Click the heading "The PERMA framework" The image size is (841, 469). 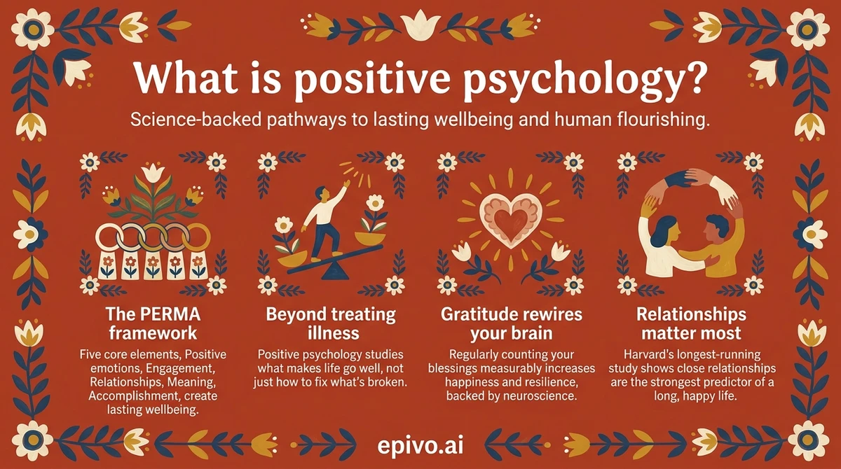click(152, 322)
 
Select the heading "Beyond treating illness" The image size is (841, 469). click(331, 322)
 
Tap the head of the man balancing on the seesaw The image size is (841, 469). click(320, 194)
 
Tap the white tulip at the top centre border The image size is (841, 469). click(420, 24)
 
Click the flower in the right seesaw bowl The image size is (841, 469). click(376, 204)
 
